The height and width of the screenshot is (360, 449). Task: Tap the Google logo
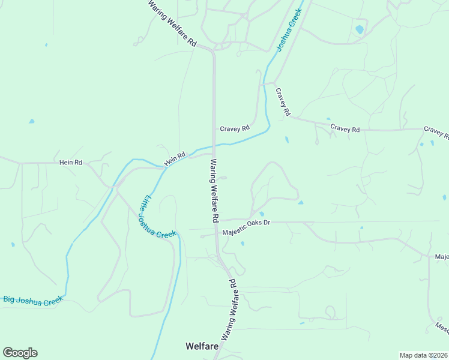click(20, 353)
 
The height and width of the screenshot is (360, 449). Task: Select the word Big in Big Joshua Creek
click(10, 299)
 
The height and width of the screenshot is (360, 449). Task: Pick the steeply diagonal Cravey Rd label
click(283, 102)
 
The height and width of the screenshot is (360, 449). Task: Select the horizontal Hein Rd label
click(70, 162)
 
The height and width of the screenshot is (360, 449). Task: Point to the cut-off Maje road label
click(442, 257)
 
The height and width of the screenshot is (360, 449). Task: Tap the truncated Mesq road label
click(442, 328)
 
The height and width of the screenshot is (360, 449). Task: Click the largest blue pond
click(360, 29)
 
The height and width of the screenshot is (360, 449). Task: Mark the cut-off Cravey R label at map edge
click(436, 131)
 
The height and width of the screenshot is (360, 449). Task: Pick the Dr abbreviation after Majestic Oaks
click(267, 222)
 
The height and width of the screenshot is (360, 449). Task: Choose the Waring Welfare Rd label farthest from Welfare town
click(173, 23)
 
